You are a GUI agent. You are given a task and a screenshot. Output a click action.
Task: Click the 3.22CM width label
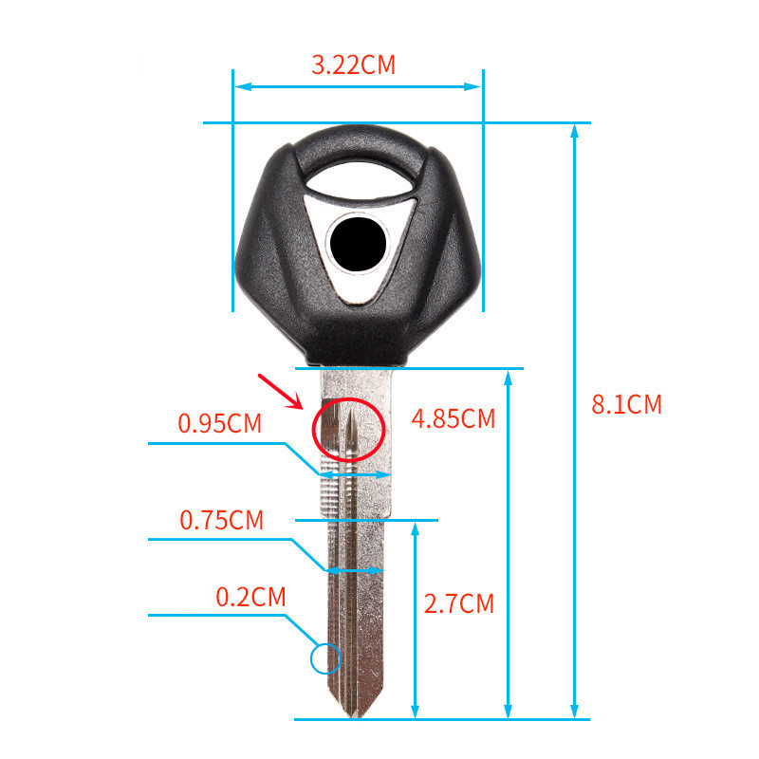click(353, 65)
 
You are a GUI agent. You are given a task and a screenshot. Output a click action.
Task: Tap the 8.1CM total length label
click(626, 404)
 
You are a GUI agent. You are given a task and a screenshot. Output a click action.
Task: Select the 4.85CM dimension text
click(453, 418)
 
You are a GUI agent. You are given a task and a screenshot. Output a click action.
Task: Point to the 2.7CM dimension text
click(458, 603)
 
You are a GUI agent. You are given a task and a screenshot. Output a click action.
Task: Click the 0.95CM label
click(219, 423)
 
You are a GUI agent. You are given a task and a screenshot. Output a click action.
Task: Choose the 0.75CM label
click(221, 520)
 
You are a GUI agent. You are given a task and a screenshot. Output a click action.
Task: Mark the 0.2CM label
click(250, 597)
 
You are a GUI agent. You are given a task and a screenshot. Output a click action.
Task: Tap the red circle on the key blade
click(348, 429)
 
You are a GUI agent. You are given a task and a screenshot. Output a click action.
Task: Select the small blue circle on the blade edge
click(325, 657)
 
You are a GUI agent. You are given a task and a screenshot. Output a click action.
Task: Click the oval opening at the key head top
click(359, 175)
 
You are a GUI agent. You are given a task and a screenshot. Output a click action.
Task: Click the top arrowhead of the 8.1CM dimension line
click(574, 131)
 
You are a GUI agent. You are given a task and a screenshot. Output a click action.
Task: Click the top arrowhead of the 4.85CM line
click(509, 377)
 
